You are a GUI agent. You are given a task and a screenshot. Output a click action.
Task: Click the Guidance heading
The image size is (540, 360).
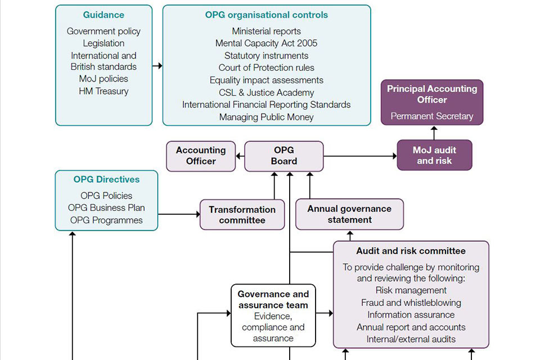pos(103,15)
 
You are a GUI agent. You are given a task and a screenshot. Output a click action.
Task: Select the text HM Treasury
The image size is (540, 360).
pos(103,91)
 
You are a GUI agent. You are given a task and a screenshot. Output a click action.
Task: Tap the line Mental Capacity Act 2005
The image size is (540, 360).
pos(266,43)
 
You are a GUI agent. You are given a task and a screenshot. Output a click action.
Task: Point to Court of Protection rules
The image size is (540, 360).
pos(266,67)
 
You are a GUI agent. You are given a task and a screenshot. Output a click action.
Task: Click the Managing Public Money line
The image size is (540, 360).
pos(266,117)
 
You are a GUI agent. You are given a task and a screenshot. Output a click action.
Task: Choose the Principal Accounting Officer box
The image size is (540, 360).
pos(432,102)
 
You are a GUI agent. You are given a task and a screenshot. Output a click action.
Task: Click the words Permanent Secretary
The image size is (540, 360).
pos(432,116)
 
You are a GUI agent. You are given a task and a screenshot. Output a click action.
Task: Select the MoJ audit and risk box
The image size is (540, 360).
pos(434,155)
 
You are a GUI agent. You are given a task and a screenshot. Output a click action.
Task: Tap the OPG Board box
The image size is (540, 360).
pos(283,156)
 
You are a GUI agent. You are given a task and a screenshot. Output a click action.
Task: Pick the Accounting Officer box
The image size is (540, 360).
pos(201,156)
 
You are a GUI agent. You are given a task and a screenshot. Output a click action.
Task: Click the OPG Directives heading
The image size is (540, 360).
pos(106,180)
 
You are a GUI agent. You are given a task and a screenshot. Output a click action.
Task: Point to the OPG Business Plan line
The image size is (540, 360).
pos(106,208)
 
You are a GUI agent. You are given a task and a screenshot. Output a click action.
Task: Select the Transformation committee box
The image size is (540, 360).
pos(242,214)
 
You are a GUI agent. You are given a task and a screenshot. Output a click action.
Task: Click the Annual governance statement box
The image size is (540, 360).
pos(349,214)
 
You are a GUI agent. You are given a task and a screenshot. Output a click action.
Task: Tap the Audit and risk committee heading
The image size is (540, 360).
pos(411,251)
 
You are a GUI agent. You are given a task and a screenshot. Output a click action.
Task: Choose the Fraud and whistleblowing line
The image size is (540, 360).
pos(411,303)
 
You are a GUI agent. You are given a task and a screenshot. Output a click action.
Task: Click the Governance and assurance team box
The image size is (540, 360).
pos(273,315)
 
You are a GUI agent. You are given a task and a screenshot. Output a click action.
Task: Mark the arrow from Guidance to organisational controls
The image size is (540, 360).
pos(157,66)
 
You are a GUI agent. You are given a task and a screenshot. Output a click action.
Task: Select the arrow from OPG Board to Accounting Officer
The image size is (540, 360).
pos(240,156)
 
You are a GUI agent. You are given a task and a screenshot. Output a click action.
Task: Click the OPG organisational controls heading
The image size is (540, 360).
pos(266,15)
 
